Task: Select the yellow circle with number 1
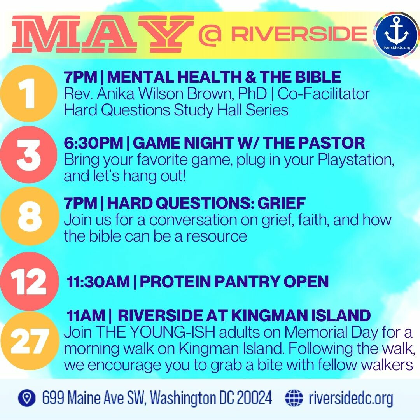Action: (x=28, y=93)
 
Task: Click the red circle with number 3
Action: (x=28, y=155)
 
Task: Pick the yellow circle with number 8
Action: (x=28, y=216)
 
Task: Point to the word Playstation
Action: (x=356, y=160)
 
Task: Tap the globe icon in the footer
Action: (x=294, y=398)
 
